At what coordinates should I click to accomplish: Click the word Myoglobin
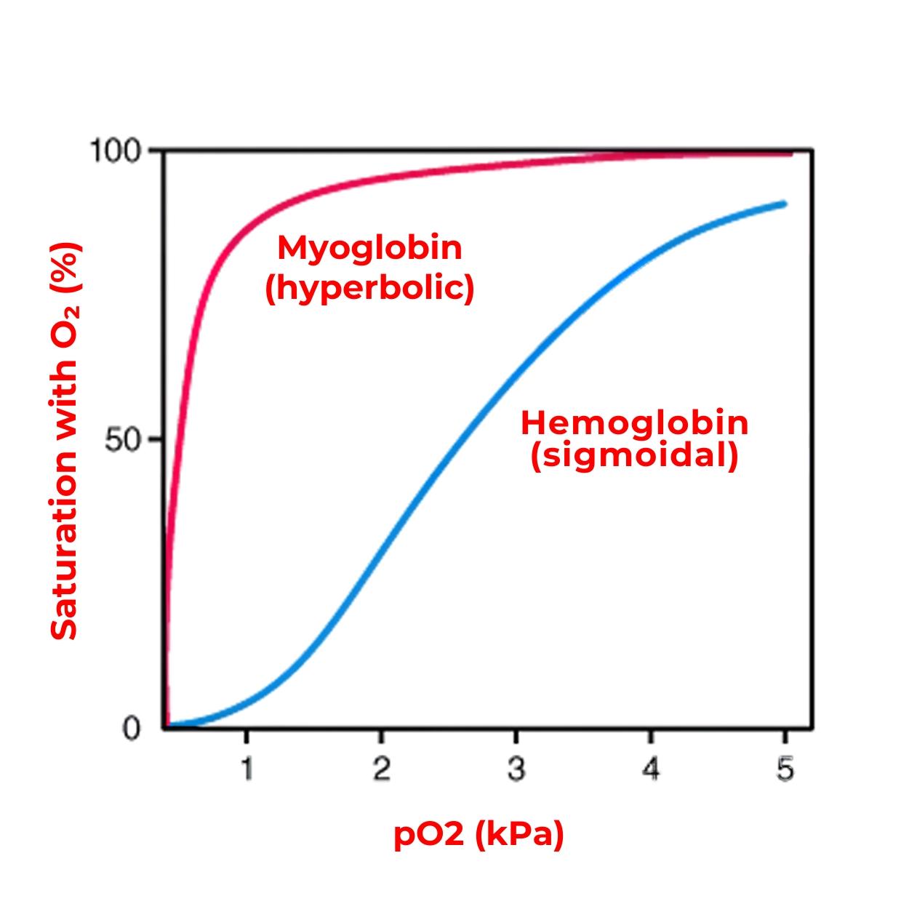point(369,248)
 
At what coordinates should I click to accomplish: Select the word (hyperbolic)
point(369,288)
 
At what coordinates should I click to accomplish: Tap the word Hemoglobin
point(634,423)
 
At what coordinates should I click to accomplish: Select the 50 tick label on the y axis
point(122,440)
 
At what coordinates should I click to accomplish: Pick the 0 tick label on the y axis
point(131,728)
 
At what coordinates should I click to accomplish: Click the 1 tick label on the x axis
point(247,769)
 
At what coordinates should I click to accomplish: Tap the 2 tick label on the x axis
point(381,769)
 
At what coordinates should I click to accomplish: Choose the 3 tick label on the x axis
point(516,769)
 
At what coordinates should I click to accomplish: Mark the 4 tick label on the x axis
point(651,769)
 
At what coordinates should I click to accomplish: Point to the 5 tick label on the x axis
point(785,769)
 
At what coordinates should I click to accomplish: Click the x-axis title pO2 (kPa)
point(478,836)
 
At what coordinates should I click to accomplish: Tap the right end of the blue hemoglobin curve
point(785,204)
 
